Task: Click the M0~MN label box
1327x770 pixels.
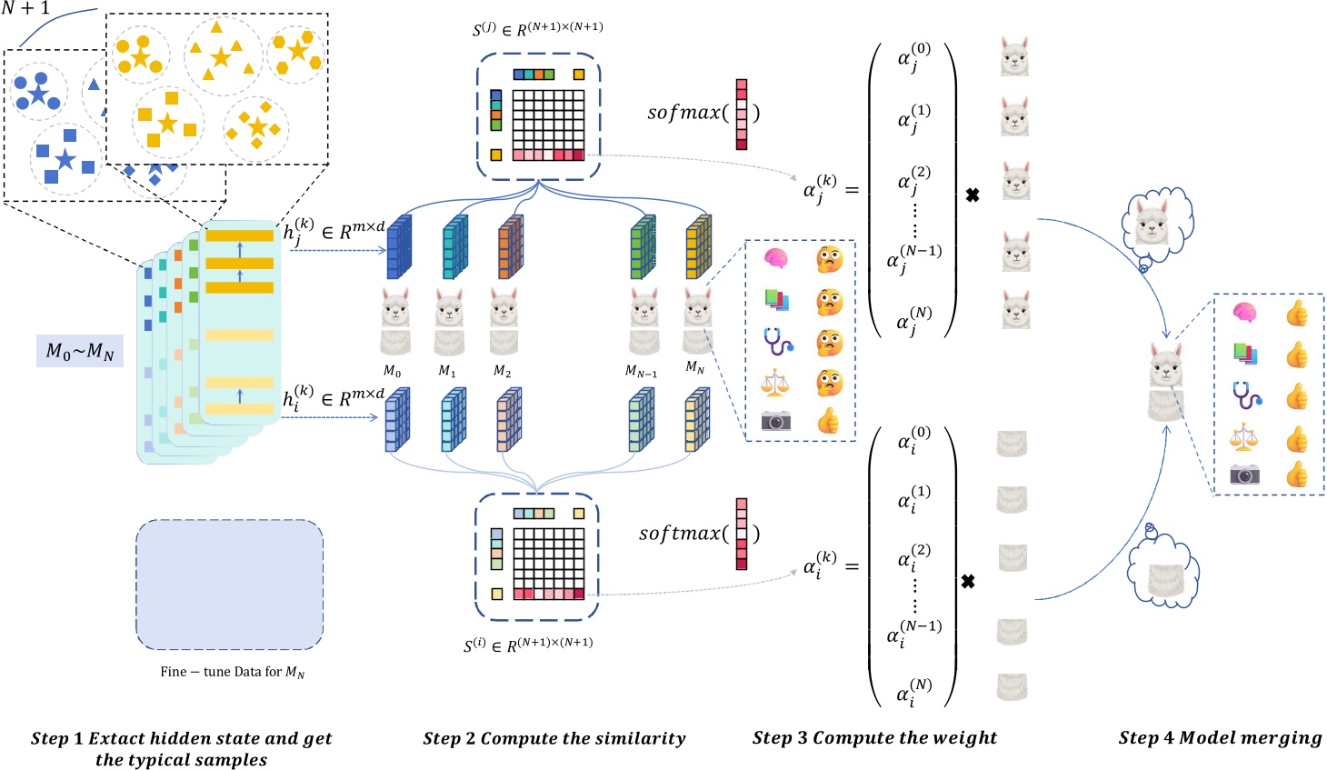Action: (x=80, y=351)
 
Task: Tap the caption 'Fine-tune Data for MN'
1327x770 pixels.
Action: (x=232, y=672)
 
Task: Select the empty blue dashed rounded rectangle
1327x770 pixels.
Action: (x=229, y=585)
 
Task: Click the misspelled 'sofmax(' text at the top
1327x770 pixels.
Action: (x=687, y=113)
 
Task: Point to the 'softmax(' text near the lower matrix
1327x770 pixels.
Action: (x=683, y=534)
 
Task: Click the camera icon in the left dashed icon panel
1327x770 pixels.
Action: (x=775, y=421)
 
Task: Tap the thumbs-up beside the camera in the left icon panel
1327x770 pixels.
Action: (x=828, y=421)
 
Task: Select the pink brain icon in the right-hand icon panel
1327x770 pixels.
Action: (x=1244, y=314)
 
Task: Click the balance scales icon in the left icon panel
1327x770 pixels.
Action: (x=775, y=383)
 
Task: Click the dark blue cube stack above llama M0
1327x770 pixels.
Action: (x=399, y=247)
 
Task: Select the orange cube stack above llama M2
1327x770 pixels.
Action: (x=510, y=247)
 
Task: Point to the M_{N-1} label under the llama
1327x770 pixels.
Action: (x=641, y=372)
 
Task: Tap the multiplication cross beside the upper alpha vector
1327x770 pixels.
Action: (x=973, y=195)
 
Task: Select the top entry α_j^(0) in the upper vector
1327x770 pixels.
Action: (x=913, y=56)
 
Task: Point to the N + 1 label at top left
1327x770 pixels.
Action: (x=25, y=8)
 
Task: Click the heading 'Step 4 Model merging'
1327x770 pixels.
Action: (x=1220, y=738)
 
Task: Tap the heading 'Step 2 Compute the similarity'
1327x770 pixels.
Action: (x=554, y=738)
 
